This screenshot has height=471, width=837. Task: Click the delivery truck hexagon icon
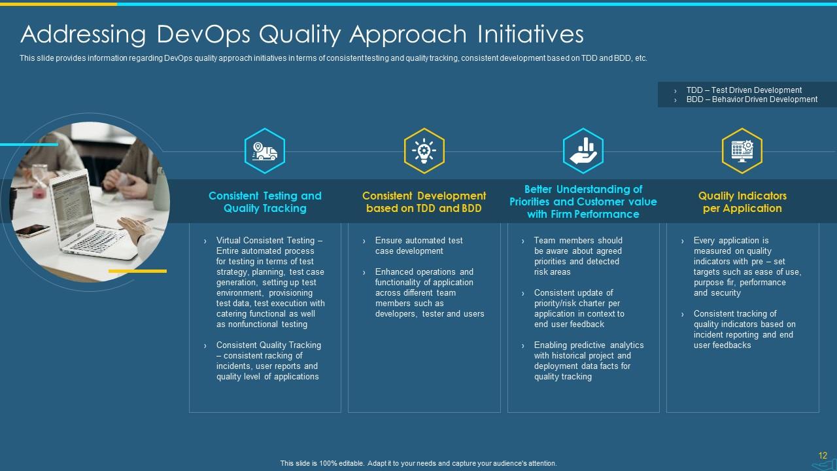(x=265, y=151)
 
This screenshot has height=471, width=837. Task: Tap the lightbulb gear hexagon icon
(x=424, y=151)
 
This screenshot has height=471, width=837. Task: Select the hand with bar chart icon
(x=583, y=151)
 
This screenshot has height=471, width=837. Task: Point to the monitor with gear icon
(x=742, y=151)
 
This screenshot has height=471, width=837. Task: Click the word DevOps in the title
(x=203, y=35)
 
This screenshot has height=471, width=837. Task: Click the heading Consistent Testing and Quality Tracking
(x=265, y=202)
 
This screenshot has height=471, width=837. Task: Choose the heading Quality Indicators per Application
(x=742, y=202)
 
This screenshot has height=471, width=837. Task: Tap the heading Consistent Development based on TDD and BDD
(x=424, y=202)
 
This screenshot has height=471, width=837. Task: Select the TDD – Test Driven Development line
(x=744, y=90)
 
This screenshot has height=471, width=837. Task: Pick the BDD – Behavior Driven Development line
(x=752, y=99)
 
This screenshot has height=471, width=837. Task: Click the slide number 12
(x=823, y=455)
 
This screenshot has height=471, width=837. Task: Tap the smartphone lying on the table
(x=33, y=230)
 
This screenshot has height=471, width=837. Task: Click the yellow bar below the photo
(x=137, y=271)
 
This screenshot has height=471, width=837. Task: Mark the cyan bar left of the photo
(x=29, y=145)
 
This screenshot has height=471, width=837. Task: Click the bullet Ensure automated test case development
(x=419, y=245)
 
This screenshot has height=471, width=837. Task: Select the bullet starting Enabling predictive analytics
(x=589, y=360)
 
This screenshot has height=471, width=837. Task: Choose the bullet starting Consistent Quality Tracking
(x=269, y=360)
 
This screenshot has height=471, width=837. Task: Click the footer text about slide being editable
(x=418, y=463)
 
